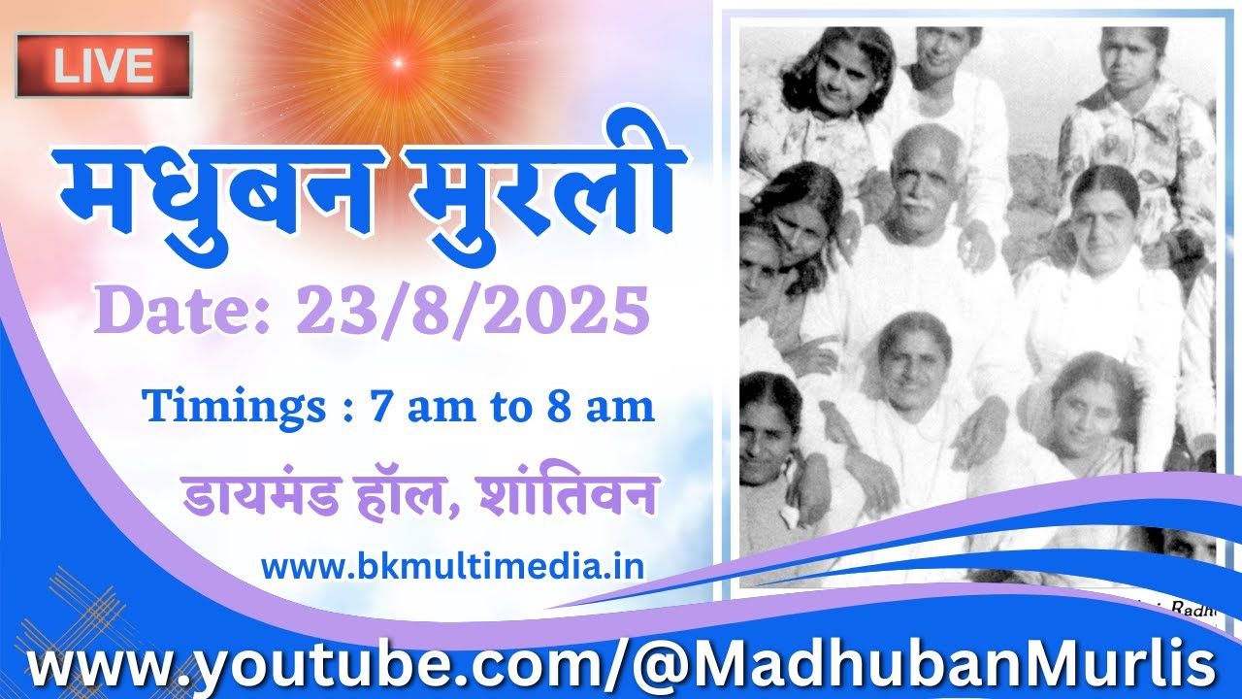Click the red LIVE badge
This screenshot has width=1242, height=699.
[104, 65]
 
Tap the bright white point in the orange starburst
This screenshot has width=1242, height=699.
[397, 63]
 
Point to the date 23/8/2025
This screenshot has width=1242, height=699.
[474, 312]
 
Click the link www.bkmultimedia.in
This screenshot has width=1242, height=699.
[453, 566]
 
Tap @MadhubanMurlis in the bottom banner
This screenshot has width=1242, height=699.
[923, 666]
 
